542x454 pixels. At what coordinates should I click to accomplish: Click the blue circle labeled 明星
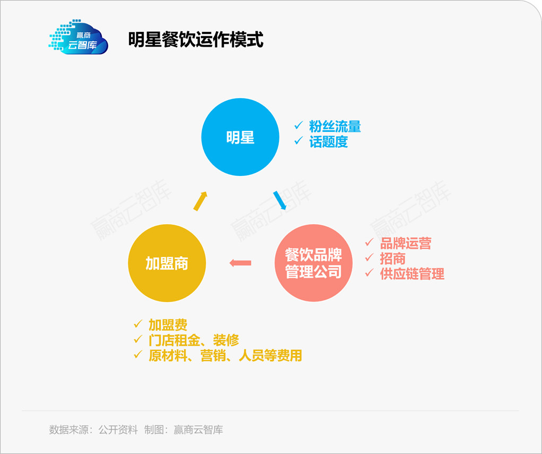pos(240,137)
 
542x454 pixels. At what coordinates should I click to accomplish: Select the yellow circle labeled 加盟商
pos(167,263)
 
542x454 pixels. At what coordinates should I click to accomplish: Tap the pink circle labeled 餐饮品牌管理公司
pos(313,263)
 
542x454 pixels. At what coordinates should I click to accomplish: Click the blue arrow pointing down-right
pos(279,200)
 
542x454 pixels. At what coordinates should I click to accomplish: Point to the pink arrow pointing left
pos(240,263)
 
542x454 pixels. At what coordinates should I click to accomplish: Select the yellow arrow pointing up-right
pos(200,201)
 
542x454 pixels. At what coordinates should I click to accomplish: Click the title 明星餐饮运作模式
pos(196,40)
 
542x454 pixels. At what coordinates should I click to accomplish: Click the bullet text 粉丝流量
pos(335,127)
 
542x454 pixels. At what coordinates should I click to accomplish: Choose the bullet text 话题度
pos(328,141)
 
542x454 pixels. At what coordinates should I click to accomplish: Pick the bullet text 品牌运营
pos(405,243)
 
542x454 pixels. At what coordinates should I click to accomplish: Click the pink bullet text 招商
pos(392,259)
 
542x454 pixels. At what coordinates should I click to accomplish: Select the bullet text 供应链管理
pos(412,274)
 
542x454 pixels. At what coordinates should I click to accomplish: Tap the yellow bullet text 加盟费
pos(168,325)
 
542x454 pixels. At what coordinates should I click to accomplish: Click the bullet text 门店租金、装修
pos(194,340)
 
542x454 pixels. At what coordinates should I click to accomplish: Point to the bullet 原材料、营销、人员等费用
pos(225,355)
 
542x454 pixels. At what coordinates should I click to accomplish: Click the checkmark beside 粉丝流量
pos(299,126)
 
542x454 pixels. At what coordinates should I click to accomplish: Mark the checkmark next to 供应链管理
pos(369,273)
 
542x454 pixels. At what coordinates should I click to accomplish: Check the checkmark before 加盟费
pos(138,324)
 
